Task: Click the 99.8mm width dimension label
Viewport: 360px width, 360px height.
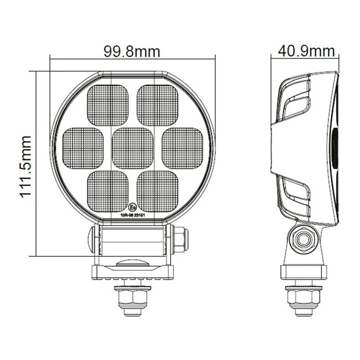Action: [x=132, y=52]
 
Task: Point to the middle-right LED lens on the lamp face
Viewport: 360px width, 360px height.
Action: [x=182, y=147]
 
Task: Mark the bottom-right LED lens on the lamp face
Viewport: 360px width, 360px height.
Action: [x=157, y=189]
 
